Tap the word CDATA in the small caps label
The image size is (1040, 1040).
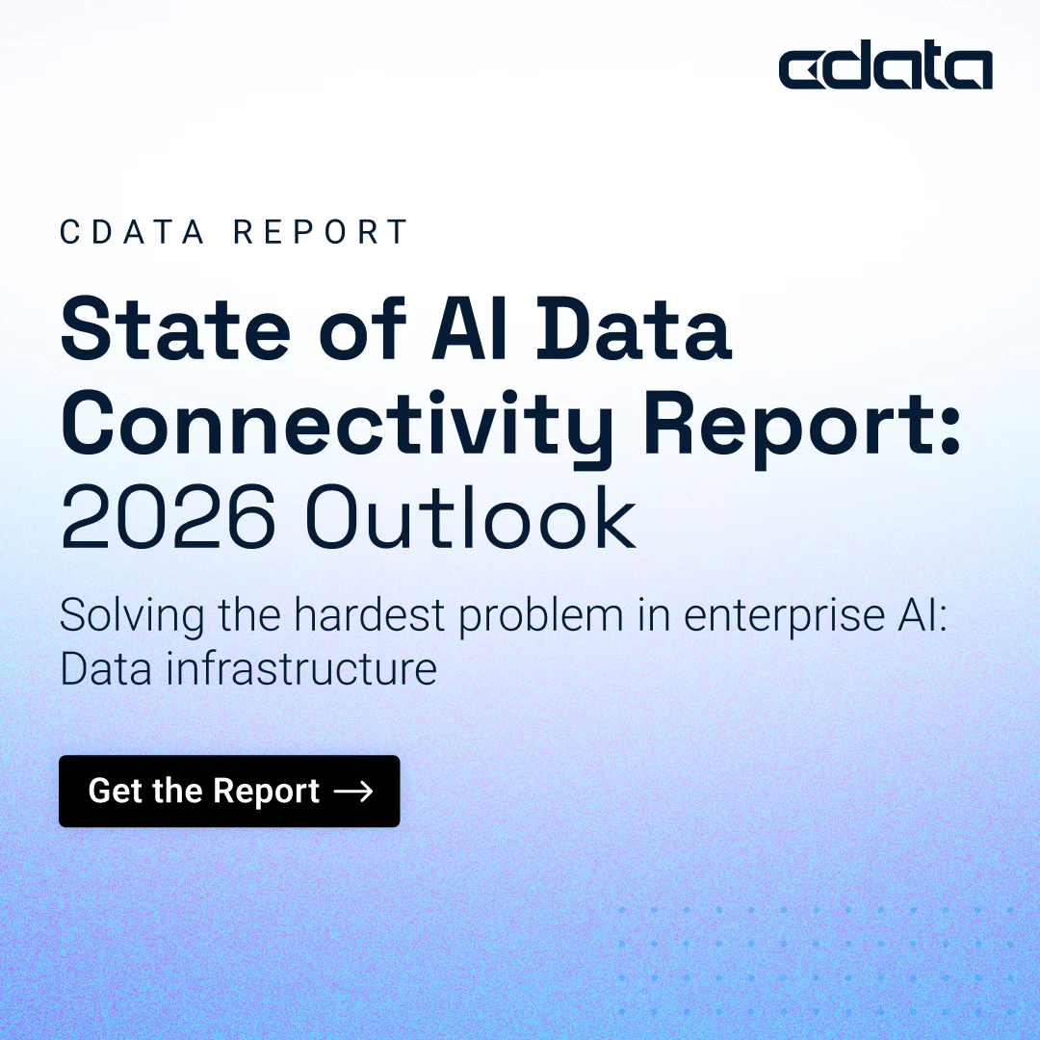[x=132, y=231]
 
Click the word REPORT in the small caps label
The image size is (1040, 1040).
[x=321, y=231]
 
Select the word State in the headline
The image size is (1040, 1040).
[x=176, y=329]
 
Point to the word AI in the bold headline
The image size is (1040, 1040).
[x=470, y=329]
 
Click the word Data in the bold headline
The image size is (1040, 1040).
[x=634, y=329]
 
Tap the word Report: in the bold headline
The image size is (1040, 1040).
[x=802, y=425]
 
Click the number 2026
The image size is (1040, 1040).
[x=168, y=517]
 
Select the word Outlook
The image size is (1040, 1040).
[x=470, y=517]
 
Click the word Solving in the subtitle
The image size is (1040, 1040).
[x=132, y=615]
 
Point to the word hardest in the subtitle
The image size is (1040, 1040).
[x=370, y=614]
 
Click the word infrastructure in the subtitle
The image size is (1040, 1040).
[x=301, y=668]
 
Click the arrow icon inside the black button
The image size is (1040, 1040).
[x=352, y=792]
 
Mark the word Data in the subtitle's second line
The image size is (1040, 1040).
[x=106, y=668]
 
